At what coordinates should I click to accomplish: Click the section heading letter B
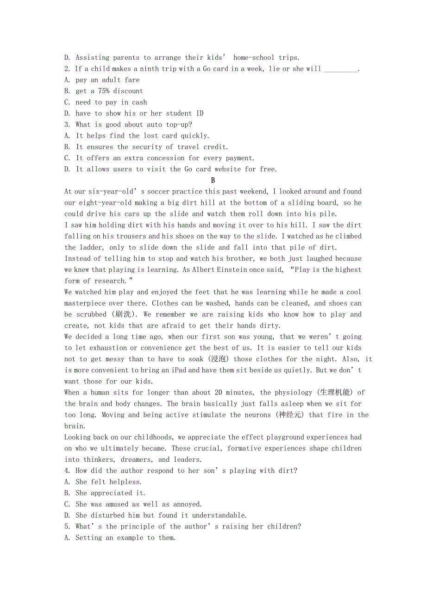213,180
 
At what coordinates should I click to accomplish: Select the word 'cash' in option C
139,102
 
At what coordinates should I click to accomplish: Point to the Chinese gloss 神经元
289,415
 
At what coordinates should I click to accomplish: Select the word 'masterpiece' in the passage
85,303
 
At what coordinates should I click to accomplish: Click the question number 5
67,527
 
